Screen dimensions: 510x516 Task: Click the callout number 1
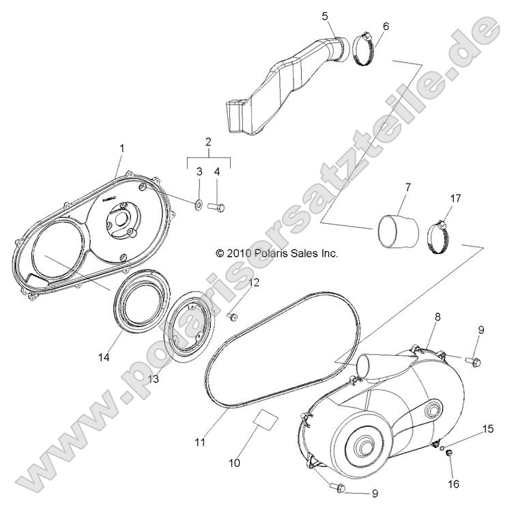122,149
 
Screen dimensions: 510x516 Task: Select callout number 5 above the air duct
324,15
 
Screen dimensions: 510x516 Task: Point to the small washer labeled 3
196,203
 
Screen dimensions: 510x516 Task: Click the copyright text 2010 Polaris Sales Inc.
276,253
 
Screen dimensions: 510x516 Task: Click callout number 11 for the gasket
199,442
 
